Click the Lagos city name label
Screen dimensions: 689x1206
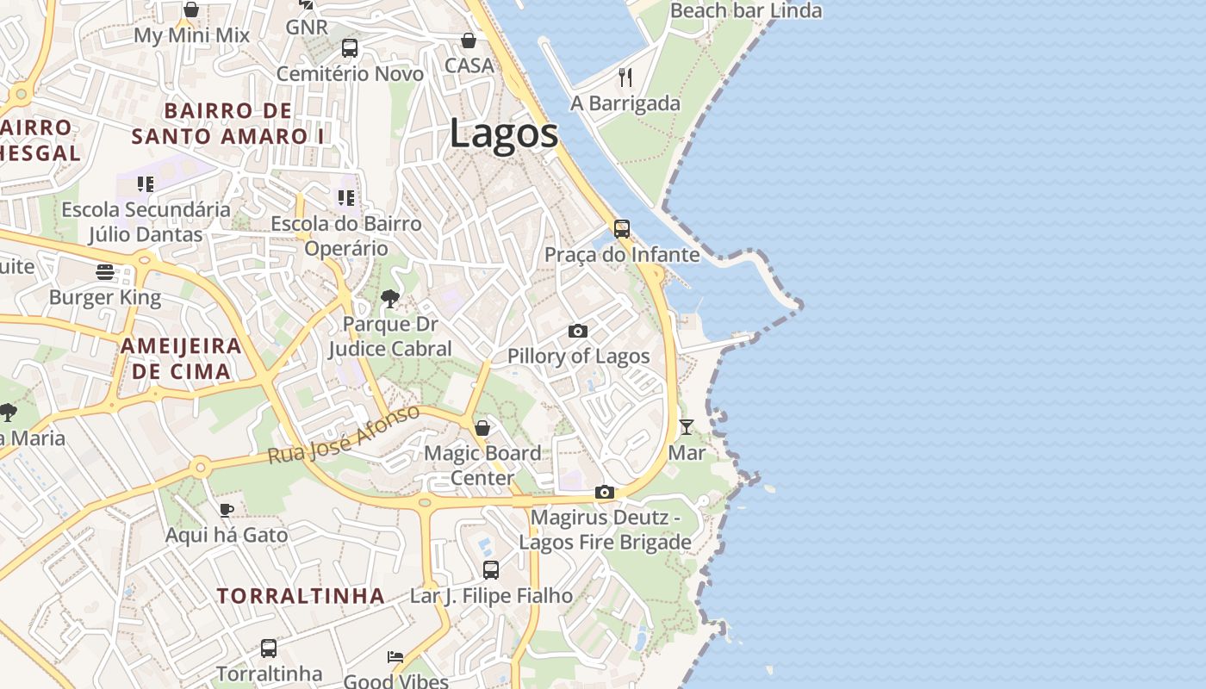click(504, 134)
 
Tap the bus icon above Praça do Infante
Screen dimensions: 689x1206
click(621, 229)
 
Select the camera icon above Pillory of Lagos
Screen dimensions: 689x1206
click(578, 331)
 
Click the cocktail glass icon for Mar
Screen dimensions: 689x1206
click(686, 426)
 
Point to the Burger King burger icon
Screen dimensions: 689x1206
click(105, 272)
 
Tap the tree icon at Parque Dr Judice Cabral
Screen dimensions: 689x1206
click(390, 299)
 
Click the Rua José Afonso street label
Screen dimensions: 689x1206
click(344, 434)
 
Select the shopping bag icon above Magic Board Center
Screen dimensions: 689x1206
click(482, 427)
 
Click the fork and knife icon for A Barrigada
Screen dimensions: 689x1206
click(625, 78)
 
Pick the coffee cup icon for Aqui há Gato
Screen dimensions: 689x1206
click(227, 510)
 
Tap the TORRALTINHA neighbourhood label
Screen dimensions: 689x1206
click(301, 596)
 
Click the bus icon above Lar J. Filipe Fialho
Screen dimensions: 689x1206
click(490, 569)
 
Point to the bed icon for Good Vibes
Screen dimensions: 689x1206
click(395, 657)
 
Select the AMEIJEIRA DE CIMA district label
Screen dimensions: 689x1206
click(180, 358)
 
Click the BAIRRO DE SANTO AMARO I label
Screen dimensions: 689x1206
click(227, 123)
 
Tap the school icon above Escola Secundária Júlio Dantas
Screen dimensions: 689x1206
click(146, 183)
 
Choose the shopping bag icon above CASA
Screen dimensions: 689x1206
click(468, 40)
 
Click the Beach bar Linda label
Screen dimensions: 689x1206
click(745, 11)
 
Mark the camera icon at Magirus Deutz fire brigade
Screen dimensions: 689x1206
click(605, 493)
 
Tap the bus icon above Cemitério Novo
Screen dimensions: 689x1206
click(349, 48)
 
